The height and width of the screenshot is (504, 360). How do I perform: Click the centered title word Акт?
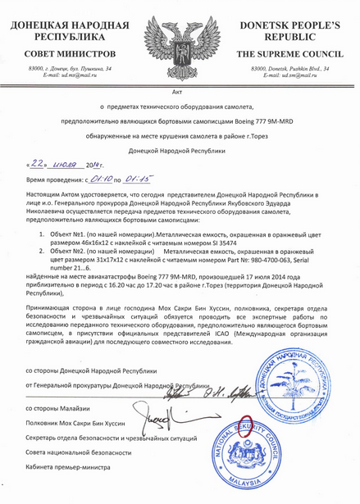click(x=179, y=90)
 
